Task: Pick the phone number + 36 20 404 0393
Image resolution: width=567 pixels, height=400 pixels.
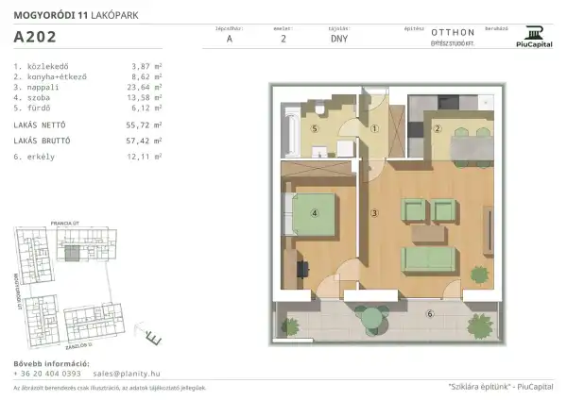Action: pyautogui.click(x=48, y=373)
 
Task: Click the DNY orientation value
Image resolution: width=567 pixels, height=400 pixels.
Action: pyautogui.click(x=338, y=40)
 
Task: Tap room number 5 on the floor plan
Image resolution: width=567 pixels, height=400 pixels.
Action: pyautogui.click(x=317, y=128)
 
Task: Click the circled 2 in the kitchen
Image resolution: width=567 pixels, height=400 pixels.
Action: pyautogui.click(x=437, y=128)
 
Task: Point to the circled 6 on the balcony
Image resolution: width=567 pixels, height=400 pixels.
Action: pyautogui.click(x=429, y=313)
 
